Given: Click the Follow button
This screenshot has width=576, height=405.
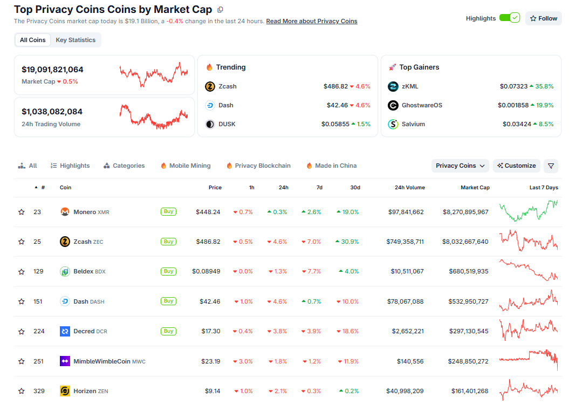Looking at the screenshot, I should point(543,18).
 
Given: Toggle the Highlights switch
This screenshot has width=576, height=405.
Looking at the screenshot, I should point(509,18).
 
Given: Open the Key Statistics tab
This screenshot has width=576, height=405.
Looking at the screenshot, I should point(76,40).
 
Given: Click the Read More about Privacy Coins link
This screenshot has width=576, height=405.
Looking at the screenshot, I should point(312,21).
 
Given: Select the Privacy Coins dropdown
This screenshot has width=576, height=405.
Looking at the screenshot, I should point(460,166).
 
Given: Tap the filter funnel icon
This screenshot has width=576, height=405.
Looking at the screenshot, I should point(551,166).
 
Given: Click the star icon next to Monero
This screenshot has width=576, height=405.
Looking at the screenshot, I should point(22,212).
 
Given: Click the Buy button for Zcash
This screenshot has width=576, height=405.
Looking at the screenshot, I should point(168,242).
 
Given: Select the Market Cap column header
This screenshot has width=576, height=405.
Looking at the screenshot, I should point(475,188).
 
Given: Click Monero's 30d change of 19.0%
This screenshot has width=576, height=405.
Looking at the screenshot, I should point(348,212).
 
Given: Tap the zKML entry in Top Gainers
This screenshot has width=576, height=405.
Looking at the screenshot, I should point(410,86).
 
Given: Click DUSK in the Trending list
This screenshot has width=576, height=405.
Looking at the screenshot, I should point(227,124).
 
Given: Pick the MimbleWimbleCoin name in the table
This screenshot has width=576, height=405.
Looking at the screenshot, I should point(102,361).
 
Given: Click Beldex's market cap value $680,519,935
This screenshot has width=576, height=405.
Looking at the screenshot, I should point(468,271).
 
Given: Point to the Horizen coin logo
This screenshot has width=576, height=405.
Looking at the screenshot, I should point(65,391).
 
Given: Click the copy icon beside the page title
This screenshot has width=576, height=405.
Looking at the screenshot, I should point(220,10).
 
